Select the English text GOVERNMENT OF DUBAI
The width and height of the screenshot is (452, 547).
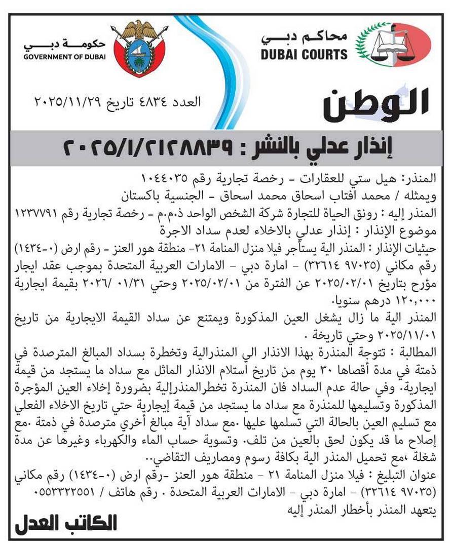[x=65, y=57]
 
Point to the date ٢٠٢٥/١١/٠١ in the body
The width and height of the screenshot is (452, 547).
[x=406, y=335]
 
